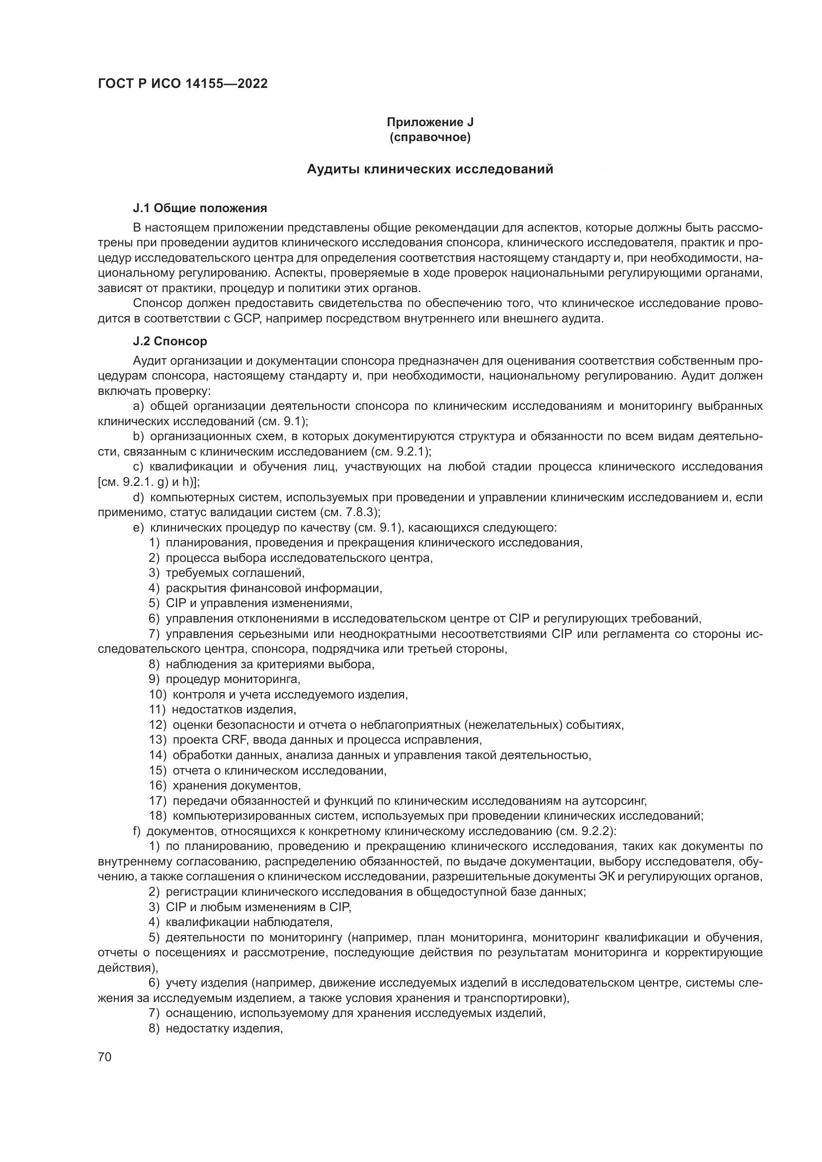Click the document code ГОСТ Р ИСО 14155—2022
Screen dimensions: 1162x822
[x=183, y=84]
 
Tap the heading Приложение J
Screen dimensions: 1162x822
[x=430, y=122]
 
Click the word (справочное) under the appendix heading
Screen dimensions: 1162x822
[x=430, y=138]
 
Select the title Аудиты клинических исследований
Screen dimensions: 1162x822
[x=430, y=169]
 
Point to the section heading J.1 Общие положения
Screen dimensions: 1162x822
[x=200, y=208]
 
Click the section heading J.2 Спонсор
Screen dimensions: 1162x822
[x=170, y=341]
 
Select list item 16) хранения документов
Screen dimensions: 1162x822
[x=225, y=785]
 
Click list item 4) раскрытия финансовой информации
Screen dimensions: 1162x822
[x=265, y=588]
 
